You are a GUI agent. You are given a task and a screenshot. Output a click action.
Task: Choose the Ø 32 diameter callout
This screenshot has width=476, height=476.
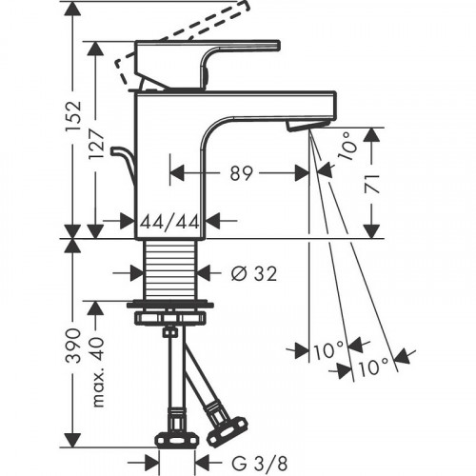pos(252,274)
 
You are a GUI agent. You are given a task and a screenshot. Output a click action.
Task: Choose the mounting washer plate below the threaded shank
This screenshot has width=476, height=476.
pos(171,313)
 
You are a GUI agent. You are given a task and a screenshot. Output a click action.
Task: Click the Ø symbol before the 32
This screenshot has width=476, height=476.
pos(238,274)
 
